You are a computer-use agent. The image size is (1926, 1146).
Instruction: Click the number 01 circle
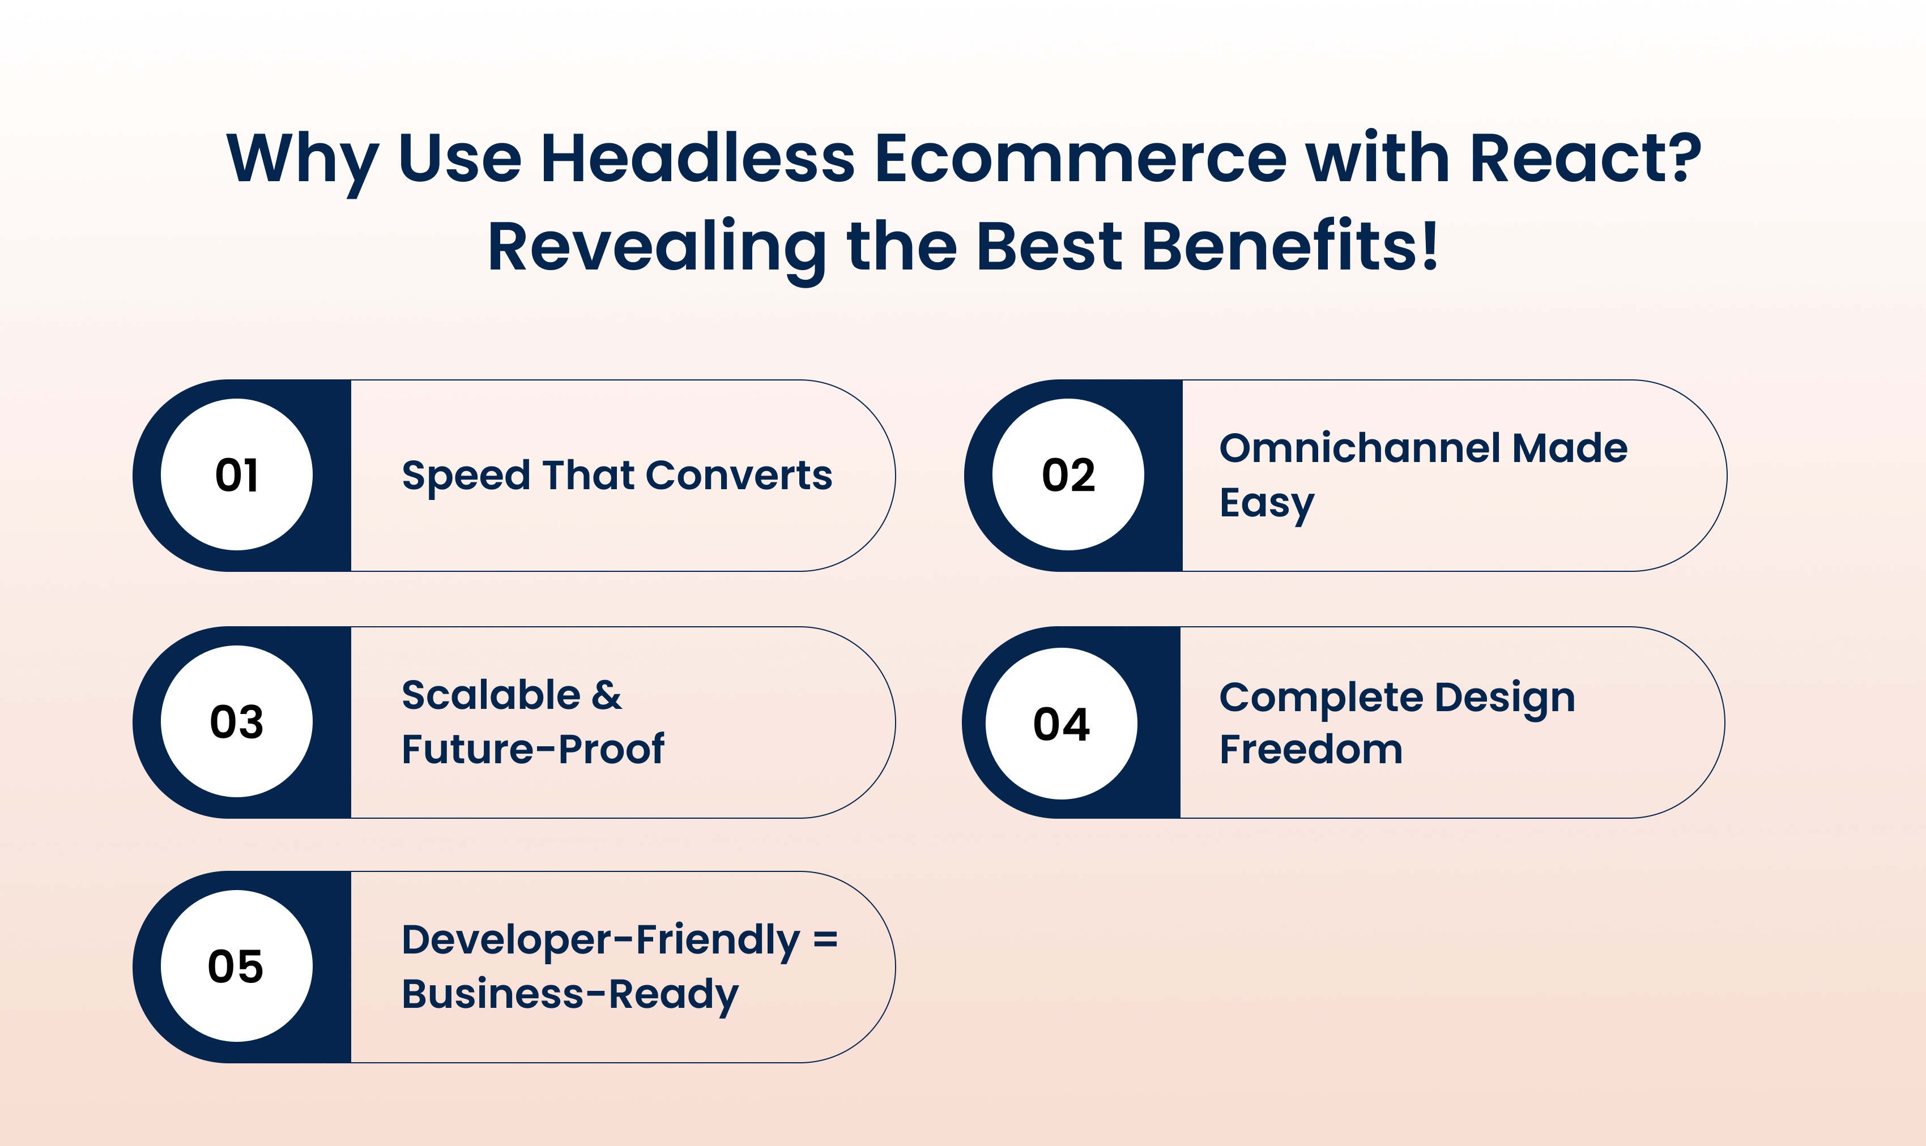tap(236, 474)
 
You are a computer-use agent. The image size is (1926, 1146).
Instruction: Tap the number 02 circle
tap(1068, 474)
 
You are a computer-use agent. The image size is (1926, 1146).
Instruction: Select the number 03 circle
tap(236, 721)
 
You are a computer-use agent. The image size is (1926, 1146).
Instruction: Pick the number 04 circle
tap(1062, 724)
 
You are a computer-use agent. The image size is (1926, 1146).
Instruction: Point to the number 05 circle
tap(236, 966)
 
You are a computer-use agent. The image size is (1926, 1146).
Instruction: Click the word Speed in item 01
tap(466, 477)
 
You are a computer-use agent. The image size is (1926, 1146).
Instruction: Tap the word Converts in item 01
tap(739, 475)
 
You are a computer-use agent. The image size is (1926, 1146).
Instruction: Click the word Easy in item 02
tap(1266, 505)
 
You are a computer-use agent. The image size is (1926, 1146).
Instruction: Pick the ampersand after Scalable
tap(607, 695)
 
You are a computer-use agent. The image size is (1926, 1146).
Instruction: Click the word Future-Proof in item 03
tap(532, 749)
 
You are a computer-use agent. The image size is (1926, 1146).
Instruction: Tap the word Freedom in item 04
tap(1311, 749)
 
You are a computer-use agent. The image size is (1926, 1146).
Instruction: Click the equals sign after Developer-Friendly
tap(825, 939)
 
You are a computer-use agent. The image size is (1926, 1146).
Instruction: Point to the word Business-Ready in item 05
tap(570, 995)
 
